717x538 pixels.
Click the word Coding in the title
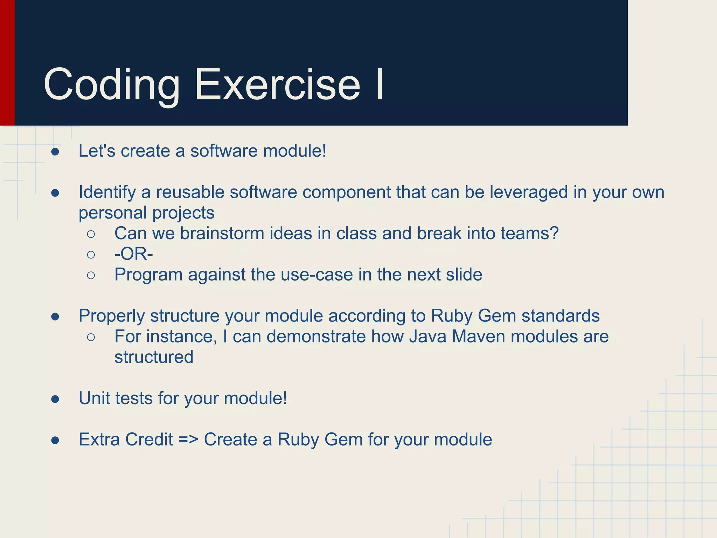pos(111,85)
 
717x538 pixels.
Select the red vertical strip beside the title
pos(7,63)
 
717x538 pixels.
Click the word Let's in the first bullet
pos(97,151)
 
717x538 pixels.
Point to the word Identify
pos(107,192)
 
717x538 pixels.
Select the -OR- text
pos(134,254)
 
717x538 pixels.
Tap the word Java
pos(427,337)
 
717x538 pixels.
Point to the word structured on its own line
pos(154,357)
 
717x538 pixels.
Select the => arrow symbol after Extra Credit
pos(188,440)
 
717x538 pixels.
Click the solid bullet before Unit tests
pos(55,399)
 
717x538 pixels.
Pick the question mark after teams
pos(554,234)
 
